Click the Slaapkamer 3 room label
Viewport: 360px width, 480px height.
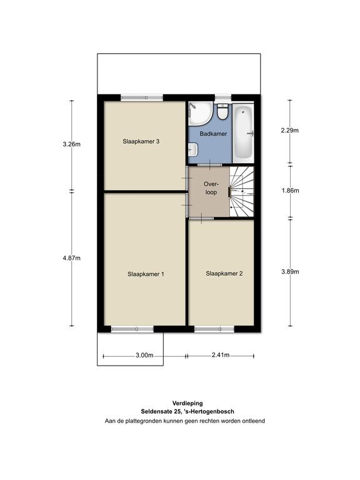click(141, 141)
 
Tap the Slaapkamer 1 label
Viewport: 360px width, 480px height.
click(146, 274)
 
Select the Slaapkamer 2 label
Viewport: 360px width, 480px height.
click(224, 273)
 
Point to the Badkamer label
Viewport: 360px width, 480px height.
click(213, 134)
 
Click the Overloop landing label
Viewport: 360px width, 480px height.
click(211, 188)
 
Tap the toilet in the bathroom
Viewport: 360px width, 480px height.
click(222, 112)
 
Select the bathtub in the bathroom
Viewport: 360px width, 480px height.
click(243, 133)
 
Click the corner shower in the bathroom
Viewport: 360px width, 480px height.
click(200, 114)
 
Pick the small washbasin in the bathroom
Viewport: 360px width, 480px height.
click(193, 150)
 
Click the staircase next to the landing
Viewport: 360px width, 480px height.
click(242, 192)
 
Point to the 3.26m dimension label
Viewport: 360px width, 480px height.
click(72, 144)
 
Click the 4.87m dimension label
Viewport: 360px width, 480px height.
click(72, 258)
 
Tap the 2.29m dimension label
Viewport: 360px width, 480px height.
click(290, 131)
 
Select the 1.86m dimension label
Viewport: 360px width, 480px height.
click(290, 191)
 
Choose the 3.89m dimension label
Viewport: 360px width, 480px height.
click(290, 271)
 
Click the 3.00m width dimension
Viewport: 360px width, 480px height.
click(144, 356)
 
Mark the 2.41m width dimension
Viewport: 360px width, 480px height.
click(221, 355)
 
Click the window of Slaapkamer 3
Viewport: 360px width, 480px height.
click(142, 97)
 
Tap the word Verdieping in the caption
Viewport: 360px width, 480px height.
click(187, 404)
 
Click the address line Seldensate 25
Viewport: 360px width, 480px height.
click(187, 412)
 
